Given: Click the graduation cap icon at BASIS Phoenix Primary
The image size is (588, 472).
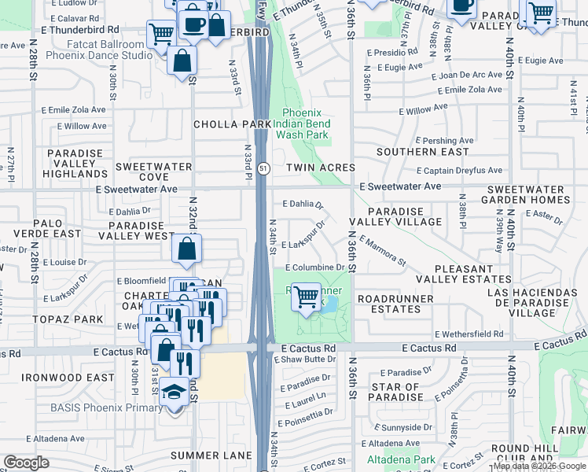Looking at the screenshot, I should tap(174, 391).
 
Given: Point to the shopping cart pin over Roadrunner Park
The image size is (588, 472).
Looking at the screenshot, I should tap(306, 297).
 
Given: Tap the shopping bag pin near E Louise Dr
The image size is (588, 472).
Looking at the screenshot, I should tap(187, 250).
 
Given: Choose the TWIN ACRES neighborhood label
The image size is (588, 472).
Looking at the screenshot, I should tap(320, 168).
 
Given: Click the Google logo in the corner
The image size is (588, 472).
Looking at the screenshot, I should tap(26, 463).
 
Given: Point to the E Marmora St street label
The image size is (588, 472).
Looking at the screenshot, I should tap(383, 250).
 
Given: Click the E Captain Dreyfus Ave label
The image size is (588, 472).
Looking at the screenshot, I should tap(459, 170).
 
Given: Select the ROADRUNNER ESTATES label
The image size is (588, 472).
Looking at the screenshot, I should tap(395, 304).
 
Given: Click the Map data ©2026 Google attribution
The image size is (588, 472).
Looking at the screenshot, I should tap(538, 466).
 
